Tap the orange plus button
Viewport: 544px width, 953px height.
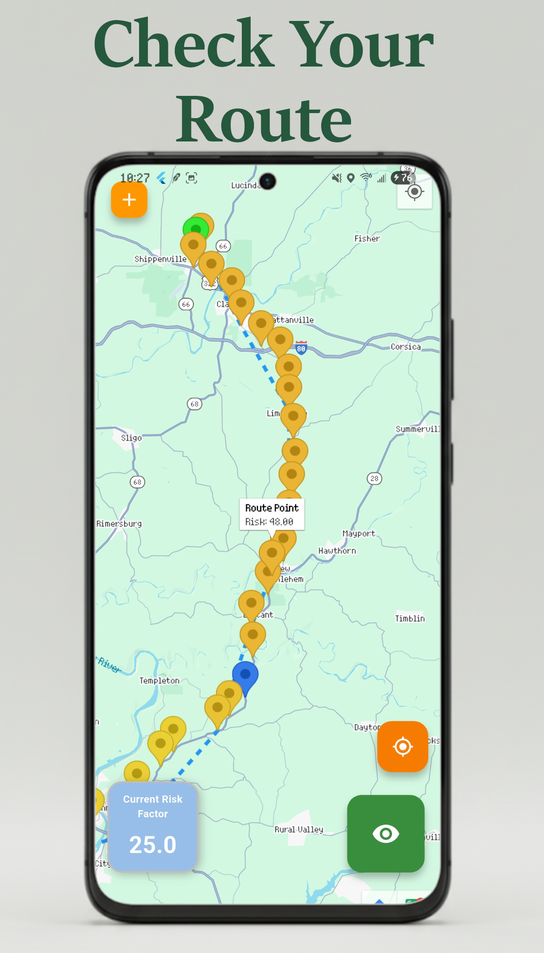129,200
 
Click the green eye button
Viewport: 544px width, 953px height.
385,833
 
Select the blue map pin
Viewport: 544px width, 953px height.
245,675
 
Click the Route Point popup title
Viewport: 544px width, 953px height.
272,508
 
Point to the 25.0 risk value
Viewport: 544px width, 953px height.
153,845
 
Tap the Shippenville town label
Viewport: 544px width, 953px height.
160,259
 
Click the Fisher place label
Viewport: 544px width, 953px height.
367,238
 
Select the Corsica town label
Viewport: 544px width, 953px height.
405,347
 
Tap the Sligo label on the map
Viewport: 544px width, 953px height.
131,438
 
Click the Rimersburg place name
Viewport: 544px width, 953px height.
119,523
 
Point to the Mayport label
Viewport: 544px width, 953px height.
358,533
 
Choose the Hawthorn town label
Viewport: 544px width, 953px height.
337,550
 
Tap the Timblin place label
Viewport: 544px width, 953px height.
410,618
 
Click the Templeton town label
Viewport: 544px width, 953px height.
159,680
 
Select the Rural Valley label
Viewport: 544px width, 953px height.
299,829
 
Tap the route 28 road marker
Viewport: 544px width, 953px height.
374,478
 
